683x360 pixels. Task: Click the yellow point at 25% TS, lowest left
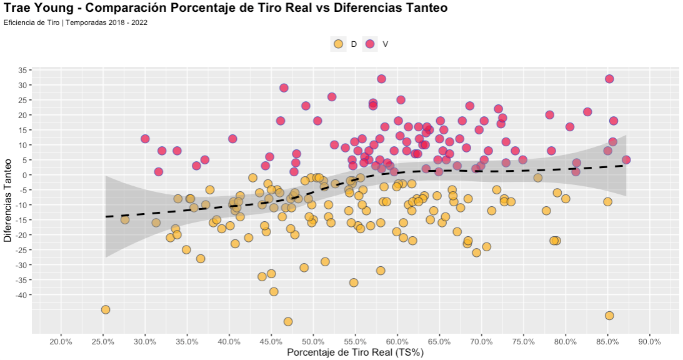tap(106, 309)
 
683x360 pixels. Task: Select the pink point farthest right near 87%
tap(626, 159)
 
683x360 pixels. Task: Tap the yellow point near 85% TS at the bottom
tap(609, 316)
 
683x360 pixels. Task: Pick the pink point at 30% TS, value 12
tap(145, 139)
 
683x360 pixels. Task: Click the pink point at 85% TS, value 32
tap(609, 79)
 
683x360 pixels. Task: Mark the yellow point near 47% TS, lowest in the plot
tap(288, 321)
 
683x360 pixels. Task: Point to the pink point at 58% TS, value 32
tap(381, 79)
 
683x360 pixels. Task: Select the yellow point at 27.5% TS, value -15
tap(125, 219)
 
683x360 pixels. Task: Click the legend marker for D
tap(338, 44)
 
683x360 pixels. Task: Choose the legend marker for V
tap(369, 44)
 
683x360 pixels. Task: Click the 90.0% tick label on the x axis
tap(650, 342)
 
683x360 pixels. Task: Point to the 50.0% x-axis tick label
tap(313, 342)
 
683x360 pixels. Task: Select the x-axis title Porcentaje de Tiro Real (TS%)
tap(356, 353)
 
